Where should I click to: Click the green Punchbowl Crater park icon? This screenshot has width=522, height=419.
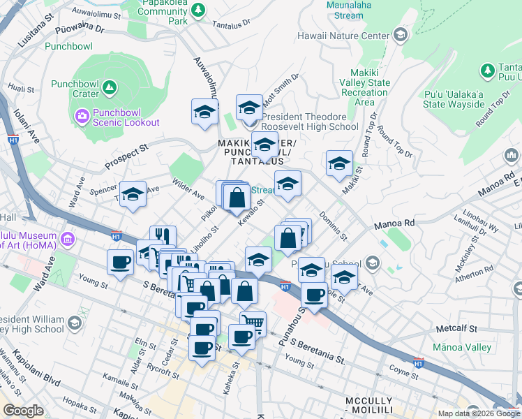(108, 87)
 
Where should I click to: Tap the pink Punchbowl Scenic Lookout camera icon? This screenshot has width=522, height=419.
(82, 115)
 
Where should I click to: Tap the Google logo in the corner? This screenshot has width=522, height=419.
(23, 411)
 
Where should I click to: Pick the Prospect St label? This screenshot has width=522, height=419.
(127, 157)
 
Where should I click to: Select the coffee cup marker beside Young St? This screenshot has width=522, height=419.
(120, 263)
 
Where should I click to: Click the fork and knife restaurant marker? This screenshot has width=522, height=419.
(162, 237)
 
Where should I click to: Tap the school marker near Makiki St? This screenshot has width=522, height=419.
(339, 164)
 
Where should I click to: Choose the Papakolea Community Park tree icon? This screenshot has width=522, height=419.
(199, 10)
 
